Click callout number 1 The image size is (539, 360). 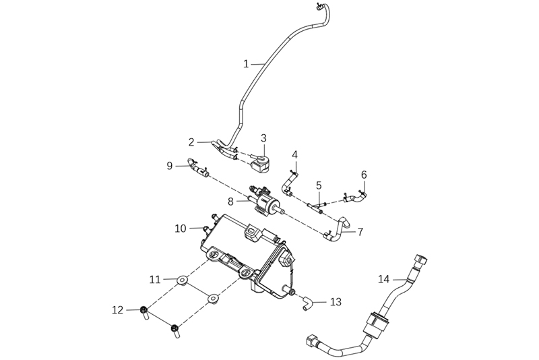247,64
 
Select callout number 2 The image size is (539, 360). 191,142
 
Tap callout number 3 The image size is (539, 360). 264,138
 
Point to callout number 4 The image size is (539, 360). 294,155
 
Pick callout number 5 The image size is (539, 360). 319,185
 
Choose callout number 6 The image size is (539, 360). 364,175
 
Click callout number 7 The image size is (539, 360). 360,232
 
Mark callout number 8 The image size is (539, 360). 230,200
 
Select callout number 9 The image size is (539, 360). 170,164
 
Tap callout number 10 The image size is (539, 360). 180,229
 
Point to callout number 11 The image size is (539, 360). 154,278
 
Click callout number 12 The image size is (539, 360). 117,310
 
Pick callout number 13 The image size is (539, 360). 336,301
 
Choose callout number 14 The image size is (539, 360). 383,278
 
